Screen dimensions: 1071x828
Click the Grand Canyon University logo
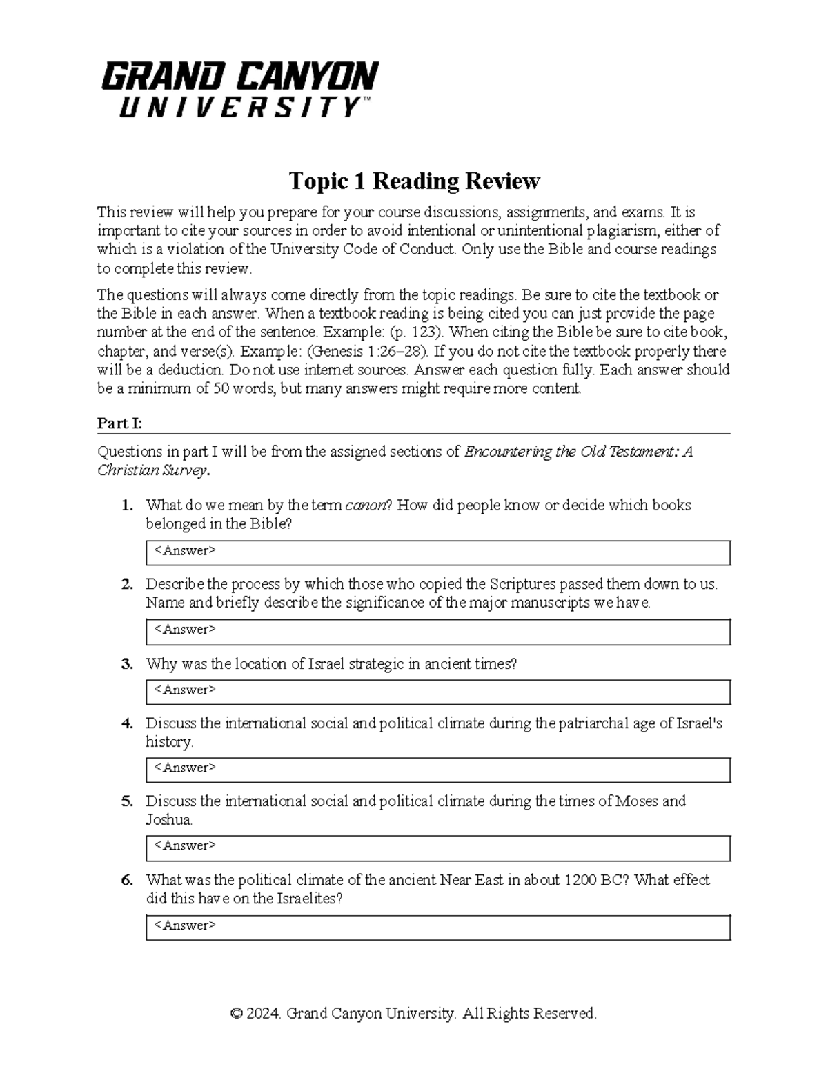click(240, 90)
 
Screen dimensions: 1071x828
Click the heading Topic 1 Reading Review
click(414, 181)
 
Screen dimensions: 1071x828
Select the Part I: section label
click(119, 423)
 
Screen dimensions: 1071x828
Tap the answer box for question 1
click(437, 552)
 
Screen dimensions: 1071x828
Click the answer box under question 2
click(437, 631)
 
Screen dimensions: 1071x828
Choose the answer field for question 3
click(437, 691)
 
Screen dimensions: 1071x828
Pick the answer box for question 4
click(437, 769)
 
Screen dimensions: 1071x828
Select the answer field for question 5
click(437, 848)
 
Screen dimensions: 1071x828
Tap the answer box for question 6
click(437, 927)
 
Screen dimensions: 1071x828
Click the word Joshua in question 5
click(168, 821)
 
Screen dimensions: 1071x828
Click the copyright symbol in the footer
click(237, 1014)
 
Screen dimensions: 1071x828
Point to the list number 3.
click(126, 664)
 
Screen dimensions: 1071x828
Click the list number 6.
click(126, 881)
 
